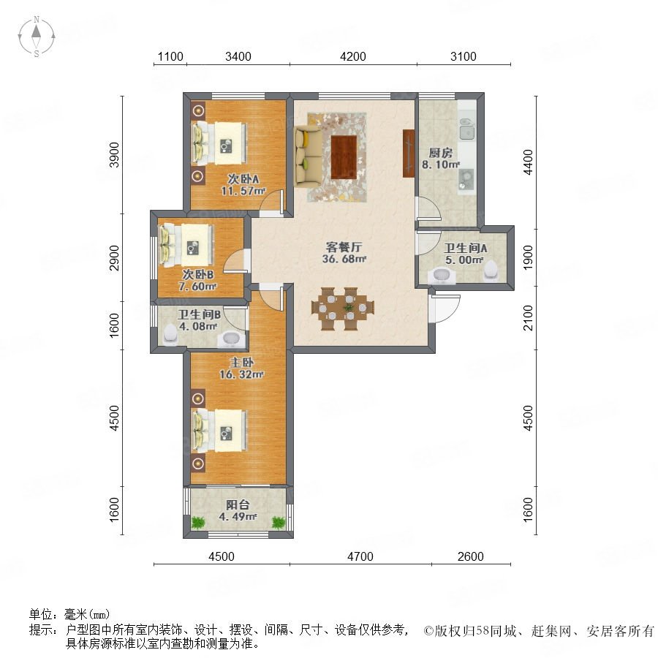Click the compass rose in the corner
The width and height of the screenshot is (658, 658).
point(37,37)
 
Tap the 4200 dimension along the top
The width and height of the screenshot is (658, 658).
point(353,56)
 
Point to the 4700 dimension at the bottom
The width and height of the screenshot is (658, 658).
point(360,556)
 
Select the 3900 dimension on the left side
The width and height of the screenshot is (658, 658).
point(114,155)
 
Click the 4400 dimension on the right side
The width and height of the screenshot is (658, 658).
point(528,162)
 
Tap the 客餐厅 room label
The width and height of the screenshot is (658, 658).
point(344,247)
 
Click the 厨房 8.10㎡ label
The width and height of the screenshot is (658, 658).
point(441,159)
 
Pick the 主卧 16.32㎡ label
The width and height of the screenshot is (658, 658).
point(242,368)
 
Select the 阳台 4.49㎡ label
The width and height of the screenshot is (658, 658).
point(238,510)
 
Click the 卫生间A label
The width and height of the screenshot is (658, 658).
point(466,249)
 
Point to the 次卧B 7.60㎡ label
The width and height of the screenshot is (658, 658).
point(197,280)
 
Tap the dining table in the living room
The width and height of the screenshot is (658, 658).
point(343,309)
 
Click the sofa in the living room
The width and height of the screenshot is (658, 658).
point(309,156)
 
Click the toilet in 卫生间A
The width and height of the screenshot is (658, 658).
point(490,270)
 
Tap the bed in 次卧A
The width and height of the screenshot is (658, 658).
point(219,143)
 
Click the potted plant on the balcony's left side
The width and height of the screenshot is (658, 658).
point(197,523)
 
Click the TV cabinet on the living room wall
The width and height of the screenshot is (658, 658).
point(408,154)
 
